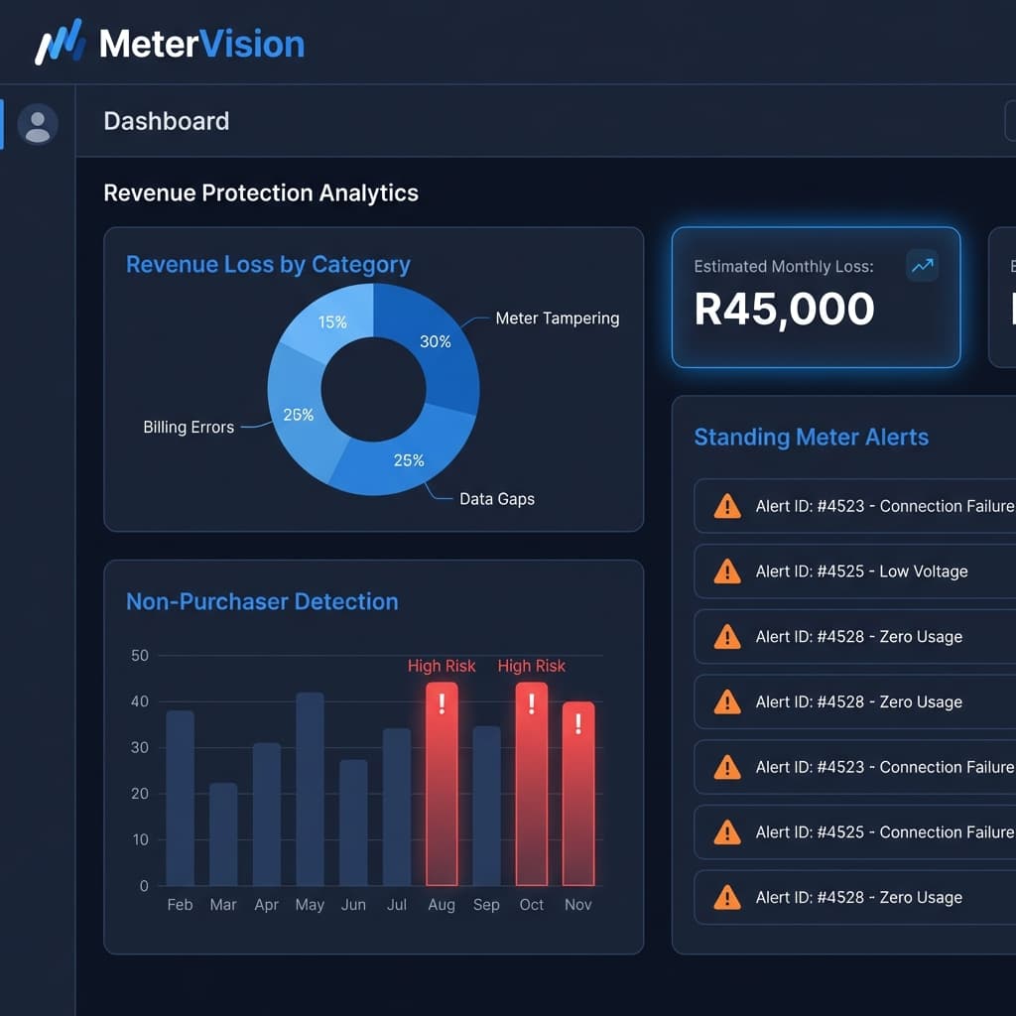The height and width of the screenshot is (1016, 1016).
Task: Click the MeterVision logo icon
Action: click(x=61, y=43)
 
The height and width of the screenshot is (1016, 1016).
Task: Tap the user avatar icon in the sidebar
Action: click(x=38, y=125)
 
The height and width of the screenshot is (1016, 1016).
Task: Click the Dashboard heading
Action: click(x=166, y=121)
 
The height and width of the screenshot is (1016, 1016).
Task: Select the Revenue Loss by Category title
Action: click(x=268, y=265)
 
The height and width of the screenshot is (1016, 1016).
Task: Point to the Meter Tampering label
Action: click(x=557, y=318)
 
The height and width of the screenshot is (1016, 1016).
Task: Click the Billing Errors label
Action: click(x=189, y=428)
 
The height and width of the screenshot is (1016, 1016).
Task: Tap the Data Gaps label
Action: click(x=496, y=499)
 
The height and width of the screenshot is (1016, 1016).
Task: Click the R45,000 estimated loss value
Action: click(x=784, y=310)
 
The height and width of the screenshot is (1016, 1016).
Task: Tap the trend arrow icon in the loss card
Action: click(x=922, y=266)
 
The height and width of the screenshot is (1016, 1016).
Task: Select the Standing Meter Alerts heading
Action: click(x=811, y=438)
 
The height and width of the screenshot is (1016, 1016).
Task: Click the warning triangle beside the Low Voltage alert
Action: click(x=727, y=571)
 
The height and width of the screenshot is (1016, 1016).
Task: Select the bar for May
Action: click(x=310, y=789)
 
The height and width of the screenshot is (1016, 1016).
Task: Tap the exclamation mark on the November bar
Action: click(x=578, y=723)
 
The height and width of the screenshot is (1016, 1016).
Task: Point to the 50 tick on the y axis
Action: click(x=139, y=656)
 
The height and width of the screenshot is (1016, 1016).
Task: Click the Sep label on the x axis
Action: click(x=486, y=905)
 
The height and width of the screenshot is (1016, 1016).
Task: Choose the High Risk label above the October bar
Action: click(x=531, y=666)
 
